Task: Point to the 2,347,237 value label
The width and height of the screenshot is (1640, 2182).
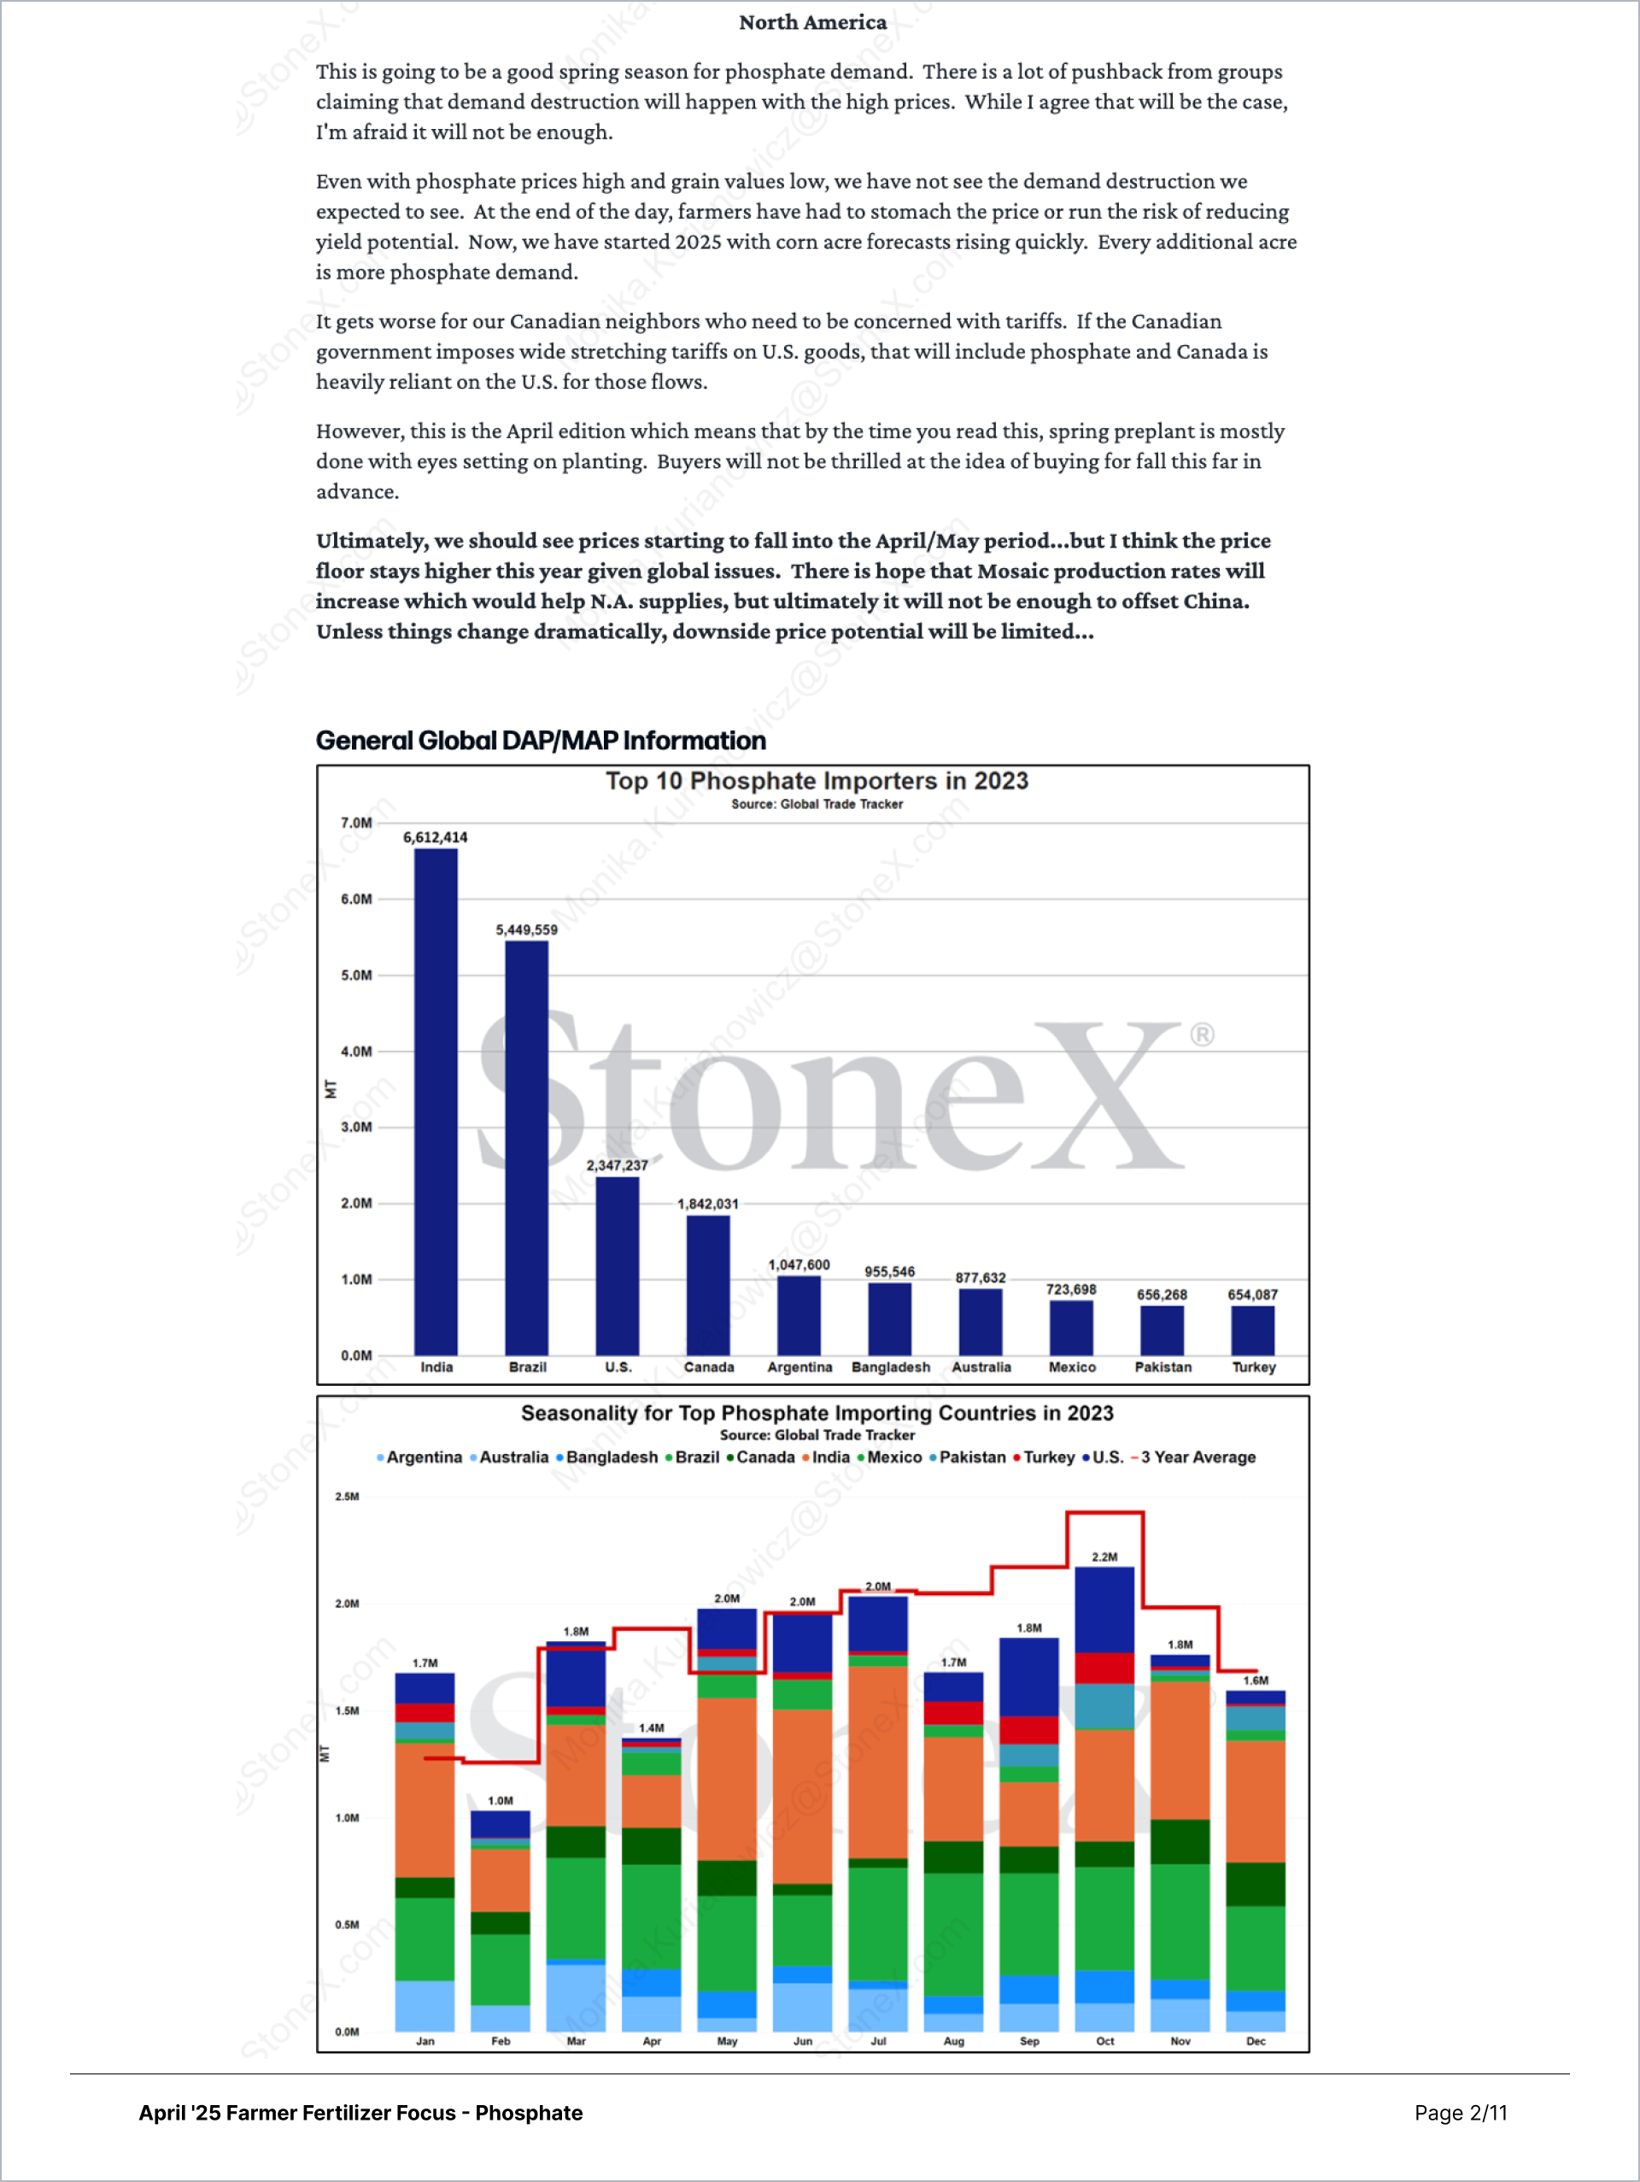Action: (x=618, y=1165)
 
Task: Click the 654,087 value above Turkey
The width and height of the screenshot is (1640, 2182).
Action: (x=1252, y=1294)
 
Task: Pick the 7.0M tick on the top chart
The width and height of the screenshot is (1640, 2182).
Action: (x=356, y=823)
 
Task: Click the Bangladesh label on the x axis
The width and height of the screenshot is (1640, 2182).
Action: (x=891, y=1367)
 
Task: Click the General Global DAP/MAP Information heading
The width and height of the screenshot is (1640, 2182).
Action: (x=541, y=741)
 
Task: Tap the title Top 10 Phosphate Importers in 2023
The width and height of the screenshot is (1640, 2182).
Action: (x=817, y=781)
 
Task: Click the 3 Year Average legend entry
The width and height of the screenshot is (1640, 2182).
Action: (x=1198, y=1457)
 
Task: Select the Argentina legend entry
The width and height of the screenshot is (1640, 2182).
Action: (x=423, y=1457)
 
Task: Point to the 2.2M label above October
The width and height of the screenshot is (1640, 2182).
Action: (x=1104, y=1557)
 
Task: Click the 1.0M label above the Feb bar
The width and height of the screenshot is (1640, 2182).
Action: (x=500, y=1800)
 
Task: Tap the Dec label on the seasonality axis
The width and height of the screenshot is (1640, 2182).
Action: (x=1256, y=2041)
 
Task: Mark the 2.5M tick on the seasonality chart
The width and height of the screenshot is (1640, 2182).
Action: (x=347, y=1497)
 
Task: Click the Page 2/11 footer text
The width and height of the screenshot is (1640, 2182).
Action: (x=1461, y=2113)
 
